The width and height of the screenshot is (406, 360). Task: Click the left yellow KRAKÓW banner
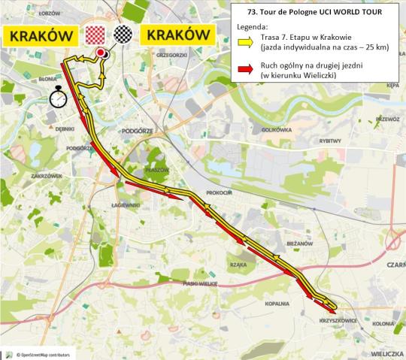[41, 36]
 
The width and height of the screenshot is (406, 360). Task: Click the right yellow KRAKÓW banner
[178, 36]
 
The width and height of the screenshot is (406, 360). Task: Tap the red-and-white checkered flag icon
[95, 35]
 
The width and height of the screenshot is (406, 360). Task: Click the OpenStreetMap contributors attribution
[42, 353]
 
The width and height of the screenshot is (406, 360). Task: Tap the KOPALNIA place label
[277, 304]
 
